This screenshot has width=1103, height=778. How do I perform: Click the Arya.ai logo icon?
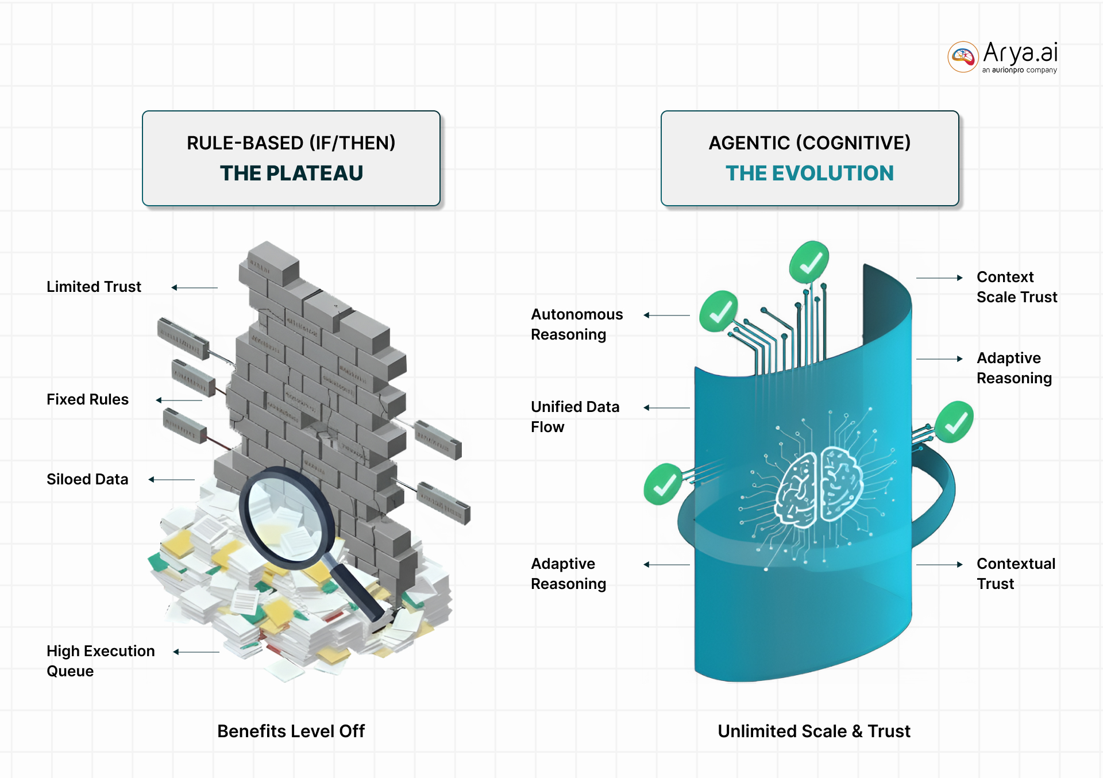963,57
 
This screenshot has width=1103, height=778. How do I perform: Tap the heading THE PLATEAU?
291,173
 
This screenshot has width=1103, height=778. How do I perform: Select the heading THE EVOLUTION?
809,173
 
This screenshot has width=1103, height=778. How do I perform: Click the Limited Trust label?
94,287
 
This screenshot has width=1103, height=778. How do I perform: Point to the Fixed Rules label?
87,399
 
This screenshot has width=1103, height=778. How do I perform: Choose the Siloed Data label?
87,479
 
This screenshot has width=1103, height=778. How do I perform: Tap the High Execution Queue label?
101,661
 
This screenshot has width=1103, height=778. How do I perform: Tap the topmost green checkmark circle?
809,262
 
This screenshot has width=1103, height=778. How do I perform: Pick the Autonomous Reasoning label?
576,324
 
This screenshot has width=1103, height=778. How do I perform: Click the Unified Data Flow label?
574,417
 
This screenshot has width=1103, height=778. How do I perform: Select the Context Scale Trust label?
1016,287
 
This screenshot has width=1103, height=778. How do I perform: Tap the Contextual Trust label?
1015,573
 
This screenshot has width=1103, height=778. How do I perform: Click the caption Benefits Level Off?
291,731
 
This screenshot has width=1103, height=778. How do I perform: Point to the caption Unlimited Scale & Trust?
813,731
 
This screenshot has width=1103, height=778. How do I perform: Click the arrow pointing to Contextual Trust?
939,565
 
